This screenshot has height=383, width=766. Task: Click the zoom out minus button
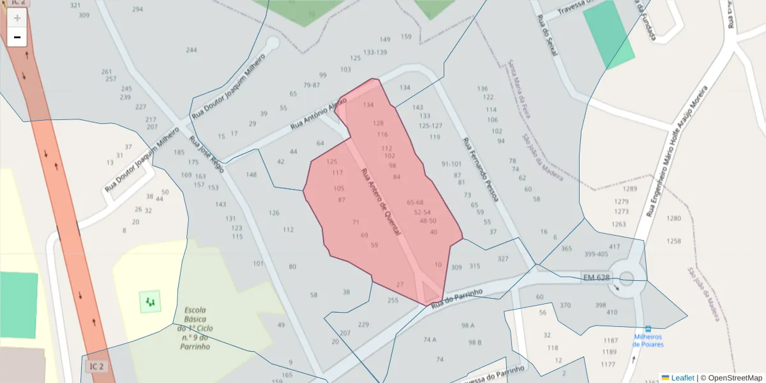(x=17, y=38)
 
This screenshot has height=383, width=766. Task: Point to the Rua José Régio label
(x=206, y=154)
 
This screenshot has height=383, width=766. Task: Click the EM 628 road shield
(x=597, y=277)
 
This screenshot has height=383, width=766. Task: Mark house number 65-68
(x=415, y=202)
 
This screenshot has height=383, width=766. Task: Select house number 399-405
(x=596, y=254)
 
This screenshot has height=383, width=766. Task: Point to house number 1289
(x=630, y=189)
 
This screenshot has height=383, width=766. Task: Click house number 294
(x=137, y=10)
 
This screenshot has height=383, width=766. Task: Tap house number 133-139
(x=375, y=52)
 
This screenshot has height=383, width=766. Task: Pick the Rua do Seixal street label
(x=548, y=35)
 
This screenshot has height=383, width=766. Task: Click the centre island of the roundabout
(x=626, y=278)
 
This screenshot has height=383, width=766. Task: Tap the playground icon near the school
(x=151, y=301)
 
